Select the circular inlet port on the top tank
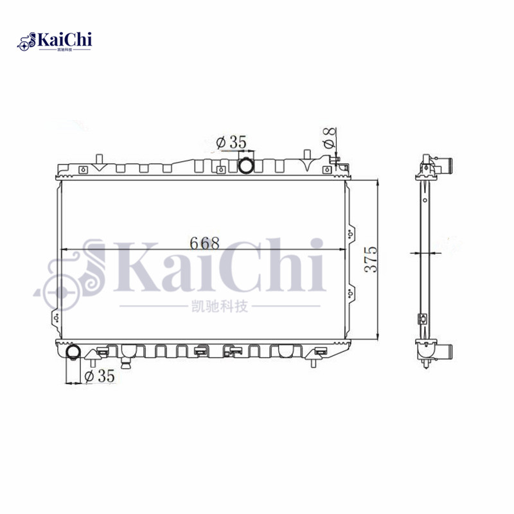[x=246, y=166]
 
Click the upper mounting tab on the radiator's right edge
[x=350, y=235]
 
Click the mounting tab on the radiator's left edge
[x=56, y=317]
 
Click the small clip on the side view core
[x=423, y=318]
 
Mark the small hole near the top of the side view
[x=425, y=198]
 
